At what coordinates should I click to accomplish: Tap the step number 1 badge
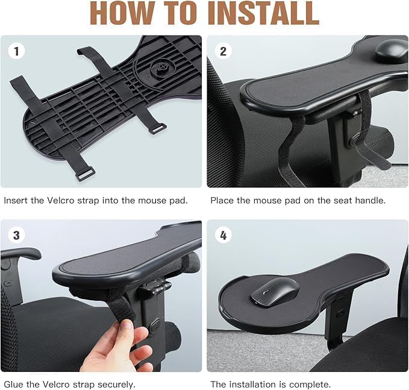tap(16, 51)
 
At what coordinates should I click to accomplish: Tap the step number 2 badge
tap(223, 51)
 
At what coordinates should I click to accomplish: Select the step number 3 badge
tap(16, 235)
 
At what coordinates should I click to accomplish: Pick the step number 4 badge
tap(223, 235)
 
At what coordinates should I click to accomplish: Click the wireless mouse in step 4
tap(273, 292)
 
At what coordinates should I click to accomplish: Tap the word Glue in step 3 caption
tap(14, 384)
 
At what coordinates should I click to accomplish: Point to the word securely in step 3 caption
tap(114, 384)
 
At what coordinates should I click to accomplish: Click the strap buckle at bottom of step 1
tap(85, 174)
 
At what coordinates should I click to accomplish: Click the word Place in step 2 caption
tap(222, 200)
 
